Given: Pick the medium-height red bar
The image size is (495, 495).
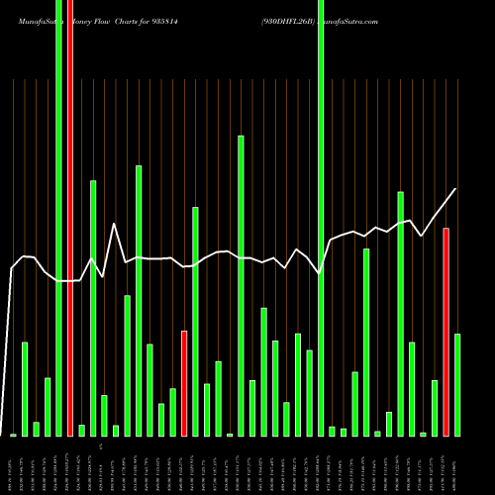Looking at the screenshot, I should [x=446, y=332].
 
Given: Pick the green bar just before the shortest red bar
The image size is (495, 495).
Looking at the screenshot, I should [x=172, y=412].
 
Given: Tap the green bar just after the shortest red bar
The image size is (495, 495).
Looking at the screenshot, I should [x=195, y=321].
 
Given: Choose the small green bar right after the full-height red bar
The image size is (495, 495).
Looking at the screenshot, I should [x=81, y=430].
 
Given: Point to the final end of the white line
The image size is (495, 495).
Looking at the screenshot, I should [x=456, y=189].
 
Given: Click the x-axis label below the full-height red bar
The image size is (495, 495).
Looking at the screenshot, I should [x=70, y=465].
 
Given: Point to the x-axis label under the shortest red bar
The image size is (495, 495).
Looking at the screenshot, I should [x=184, y=465].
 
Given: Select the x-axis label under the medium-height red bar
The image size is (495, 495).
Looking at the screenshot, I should [x=446, y=465].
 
